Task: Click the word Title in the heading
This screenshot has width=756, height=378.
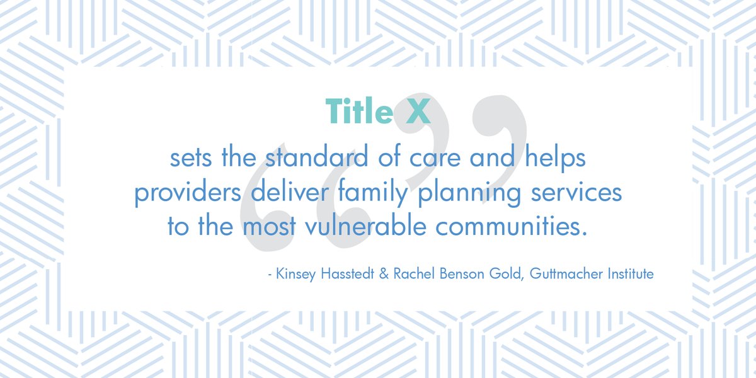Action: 359,111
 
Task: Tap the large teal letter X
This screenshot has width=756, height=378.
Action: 418,111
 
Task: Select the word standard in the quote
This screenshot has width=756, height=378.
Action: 316,157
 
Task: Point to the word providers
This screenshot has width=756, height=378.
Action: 188,193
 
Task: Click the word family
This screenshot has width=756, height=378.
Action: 372,192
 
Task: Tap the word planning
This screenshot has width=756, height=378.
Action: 469,193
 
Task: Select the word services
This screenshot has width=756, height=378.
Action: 576,192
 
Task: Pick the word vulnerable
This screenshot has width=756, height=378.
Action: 365,226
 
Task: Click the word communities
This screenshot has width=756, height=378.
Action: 512,226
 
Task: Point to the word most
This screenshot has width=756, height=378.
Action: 270,227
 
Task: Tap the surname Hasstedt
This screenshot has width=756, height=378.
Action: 347,273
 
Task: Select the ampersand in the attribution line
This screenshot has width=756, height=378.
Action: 384,273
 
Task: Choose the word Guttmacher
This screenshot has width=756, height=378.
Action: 566,273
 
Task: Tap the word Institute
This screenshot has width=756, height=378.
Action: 631,273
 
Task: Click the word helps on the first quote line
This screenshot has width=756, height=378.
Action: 555,158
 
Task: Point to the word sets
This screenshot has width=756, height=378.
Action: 191,159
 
